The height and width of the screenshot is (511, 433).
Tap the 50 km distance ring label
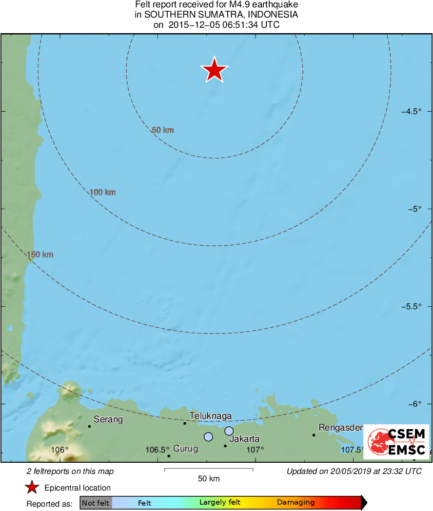(x=163, y=130)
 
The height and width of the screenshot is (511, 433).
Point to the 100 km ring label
(x=103, y=193)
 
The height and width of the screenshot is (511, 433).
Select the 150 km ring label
(x=40, y=255)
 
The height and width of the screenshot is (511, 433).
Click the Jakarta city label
(x=244, y=439)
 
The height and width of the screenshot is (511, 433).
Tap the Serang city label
(x=108, y=419)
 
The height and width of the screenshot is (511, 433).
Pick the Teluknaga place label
(x=210, y=416)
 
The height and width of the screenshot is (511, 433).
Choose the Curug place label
(x=186, y=449)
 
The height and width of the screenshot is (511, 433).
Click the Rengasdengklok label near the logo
(x=341, y=428)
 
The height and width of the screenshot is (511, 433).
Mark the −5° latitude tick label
(x=414, y=209)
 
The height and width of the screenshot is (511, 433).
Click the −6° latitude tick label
(x=414, y=404)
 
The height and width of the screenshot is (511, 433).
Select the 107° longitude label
(x=255, y=450)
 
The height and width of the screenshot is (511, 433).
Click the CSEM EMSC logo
(x=399, y=442)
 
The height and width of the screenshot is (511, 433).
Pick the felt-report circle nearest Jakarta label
(x=229, y=431)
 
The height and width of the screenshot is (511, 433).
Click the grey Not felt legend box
(x=96, y=503)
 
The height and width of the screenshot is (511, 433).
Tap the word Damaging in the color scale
(x=296, y=503)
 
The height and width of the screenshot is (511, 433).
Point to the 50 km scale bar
(x=209, y=470)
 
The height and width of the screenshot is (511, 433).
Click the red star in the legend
(x=32, y=488)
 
